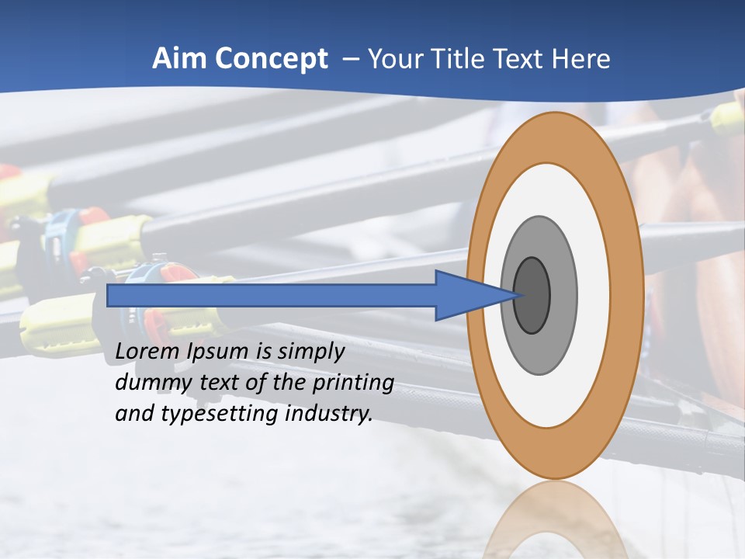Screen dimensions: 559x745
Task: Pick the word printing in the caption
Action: pyautogui.click(x=352, y=383)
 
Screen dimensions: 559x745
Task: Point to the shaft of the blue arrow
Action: pyautogui.click(x=272, y=295)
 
